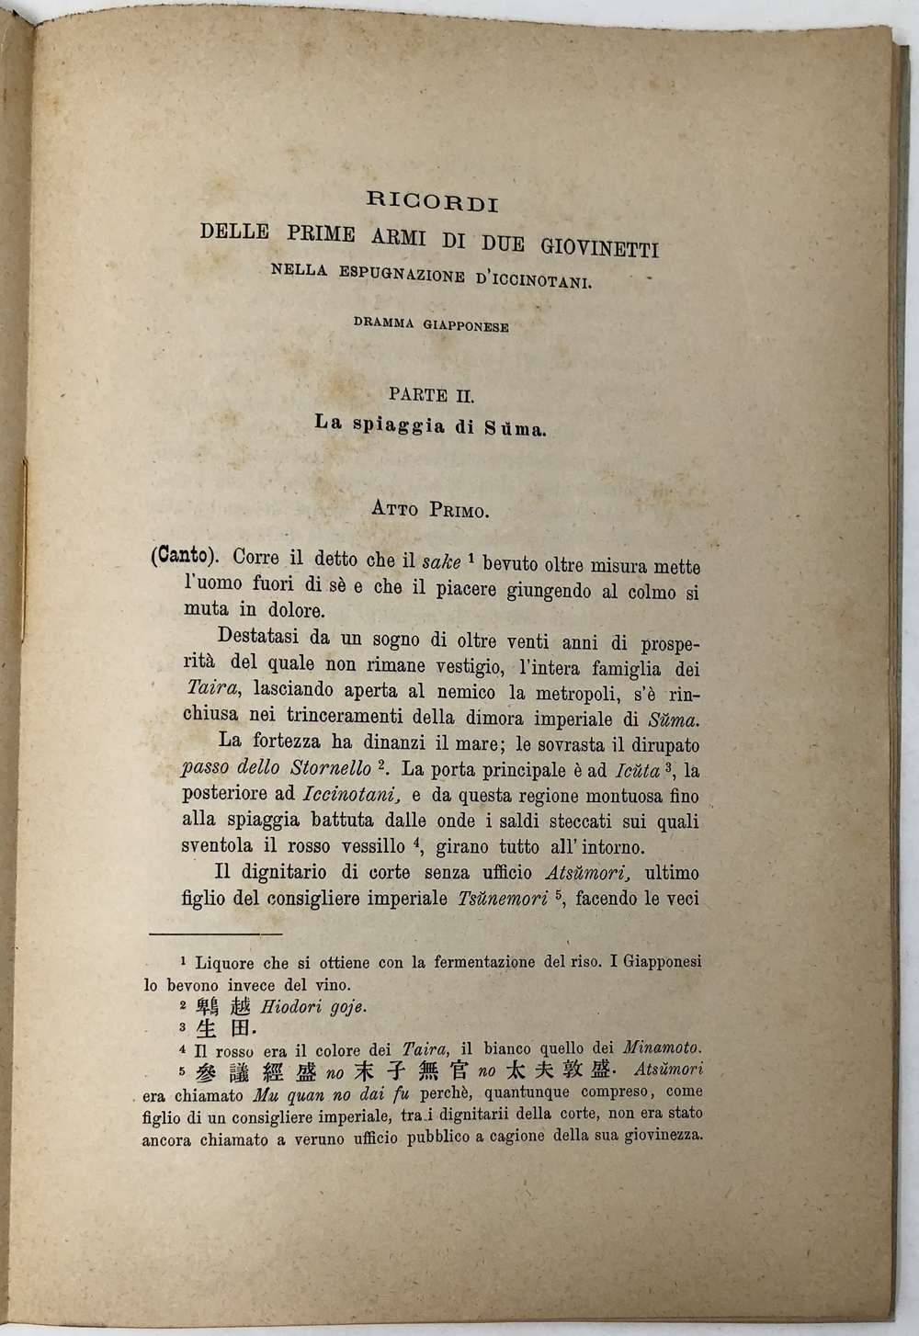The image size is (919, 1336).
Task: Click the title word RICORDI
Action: click(432, 200)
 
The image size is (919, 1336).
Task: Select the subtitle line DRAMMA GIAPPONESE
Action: click(431, 325)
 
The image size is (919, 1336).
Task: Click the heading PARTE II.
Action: click(431, 395)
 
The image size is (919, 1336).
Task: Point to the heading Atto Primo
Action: click(430, 509)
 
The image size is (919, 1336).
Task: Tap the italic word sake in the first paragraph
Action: click(440, 560)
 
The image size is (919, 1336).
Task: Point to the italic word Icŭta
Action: click(635, 771)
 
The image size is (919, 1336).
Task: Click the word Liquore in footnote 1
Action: click(224, 963)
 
